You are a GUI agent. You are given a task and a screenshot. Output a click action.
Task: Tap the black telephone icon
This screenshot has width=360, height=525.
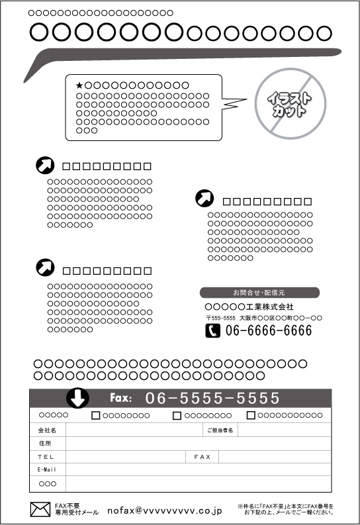213,331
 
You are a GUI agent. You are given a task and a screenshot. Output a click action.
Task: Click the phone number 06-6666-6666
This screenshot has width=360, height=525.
269,331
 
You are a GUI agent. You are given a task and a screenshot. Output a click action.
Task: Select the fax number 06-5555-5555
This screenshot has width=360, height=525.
212,398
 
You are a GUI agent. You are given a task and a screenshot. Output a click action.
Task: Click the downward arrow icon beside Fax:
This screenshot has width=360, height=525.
77,398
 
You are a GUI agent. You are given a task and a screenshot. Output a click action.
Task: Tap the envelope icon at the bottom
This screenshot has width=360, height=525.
40,510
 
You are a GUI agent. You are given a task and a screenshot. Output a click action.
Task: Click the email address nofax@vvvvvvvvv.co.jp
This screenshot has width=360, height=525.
165,511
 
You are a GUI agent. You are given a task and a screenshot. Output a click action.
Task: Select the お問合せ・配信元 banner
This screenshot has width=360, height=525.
259,293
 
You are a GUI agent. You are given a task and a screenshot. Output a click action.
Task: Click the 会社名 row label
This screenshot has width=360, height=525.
47,430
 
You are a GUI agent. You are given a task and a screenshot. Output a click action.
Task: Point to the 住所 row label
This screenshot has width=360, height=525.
45,444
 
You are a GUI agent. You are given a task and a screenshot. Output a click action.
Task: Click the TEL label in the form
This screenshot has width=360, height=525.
46,457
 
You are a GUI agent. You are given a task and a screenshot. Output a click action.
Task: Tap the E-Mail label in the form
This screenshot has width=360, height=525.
46,470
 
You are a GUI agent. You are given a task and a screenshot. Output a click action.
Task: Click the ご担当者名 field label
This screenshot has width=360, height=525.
220,430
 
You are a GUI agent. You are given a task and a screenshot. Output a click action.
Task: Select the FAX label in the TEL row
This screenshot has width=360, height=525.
202,457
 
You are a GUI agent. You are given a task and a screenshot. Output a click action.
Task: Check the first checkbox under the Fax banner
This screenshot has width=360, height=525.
96,416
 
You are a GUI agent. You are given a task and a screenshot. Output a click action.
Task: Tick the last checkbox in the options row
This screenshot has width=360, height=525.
251,415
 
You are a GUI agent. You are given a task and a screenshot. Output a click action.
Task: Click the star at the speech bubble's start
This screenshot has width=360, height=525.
79,85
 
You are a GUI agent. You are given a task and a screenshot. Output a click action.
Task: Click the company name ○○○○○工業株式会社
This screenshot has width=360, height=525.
249,307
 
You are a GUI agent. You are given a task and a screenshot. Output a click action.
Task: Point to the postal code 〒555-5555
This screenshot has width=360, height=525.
221,318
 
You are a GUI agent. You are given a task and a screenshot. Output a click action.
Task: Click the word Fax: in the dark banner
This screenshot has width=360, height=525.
121,398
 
